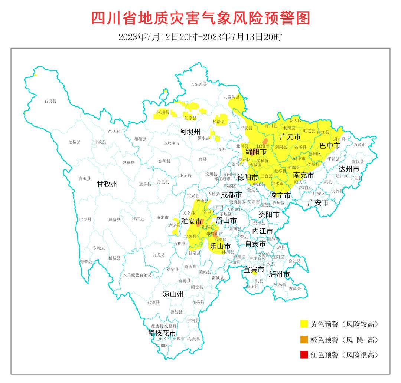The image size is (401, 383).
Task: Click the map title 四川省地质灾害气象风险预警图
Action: click(200, 18)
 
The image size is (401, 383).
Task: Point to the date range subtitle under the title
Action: click(200, 37)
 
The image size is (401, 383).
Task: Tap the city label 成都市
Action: click(231, 194)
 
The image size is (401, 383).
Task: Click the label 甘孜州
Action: click(107, 184)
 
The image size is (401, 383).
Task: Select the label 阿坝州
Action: click(190, 132)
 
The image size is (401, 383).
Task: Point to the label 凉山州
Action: click(173, 294)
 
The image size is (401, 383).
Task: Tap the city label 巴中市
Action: click(330, 146)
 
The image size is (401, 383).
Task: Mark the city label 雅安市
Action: click(191, 221)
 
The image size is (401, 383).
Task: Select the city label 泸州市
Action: click(279, 274)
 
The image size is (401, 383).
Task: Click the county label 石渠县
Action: click(50, 101)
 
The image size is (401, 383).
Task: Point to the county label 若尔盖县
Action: click(198, 85)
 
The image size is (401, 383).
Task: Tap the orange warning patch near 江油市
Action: click(265, 141)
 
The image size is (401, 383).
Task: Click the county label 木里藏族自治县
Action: click(137, 275)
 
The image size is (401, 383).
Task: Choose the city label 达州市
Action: click(349, 169)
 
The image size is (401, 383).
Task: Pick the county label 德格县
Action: click(75, 142)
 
